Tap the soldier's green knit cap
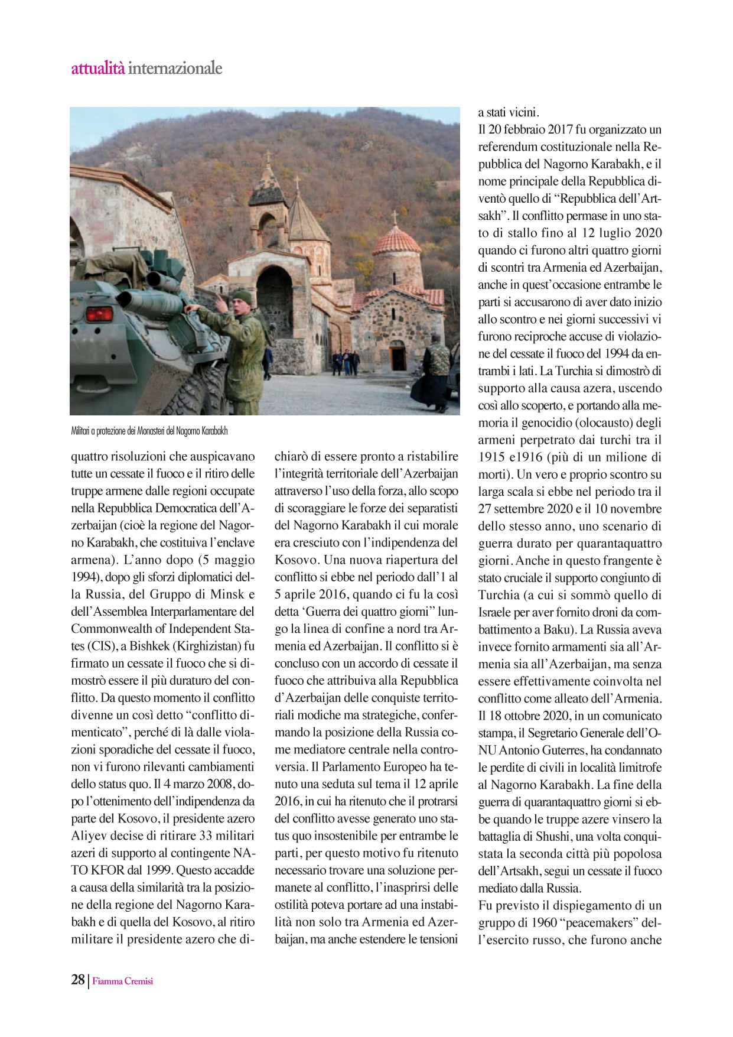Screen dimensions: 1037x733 tap(242, 297)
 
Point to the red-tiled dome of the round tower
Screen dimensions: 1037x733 tap(396, 241)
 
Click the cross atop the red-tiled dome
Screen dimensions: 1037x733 tap(395, 217)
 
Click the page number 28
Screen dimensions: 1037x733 tap(78, 980)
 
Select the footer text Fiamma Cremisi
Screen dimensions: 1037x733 tap(123, 981)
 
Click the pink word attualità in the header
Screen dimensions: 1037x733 tap(98, 69)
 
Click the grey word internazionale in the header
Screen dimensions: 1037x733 tap(175, 69)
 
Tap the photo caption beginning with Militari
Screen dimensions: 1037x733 tap(149, 431)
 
